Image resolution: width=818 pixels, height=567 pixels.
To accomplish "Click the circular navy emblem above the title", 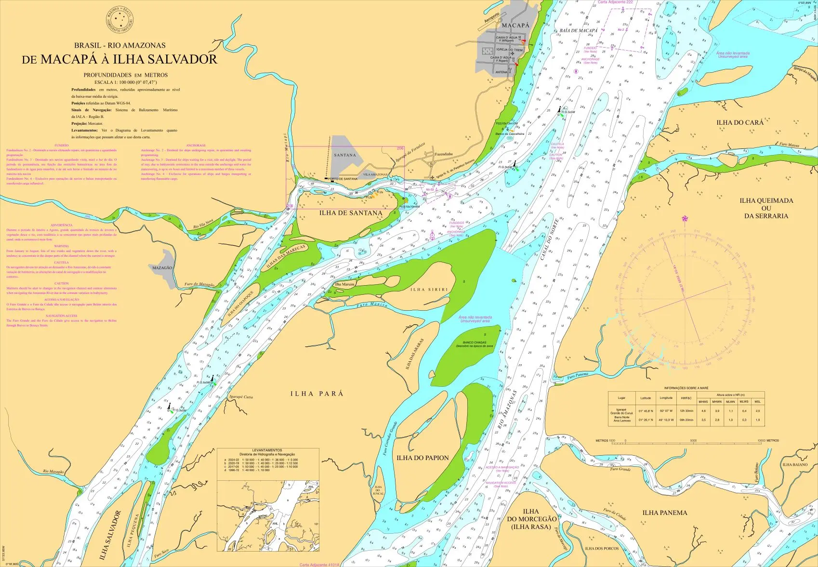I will point(119,20).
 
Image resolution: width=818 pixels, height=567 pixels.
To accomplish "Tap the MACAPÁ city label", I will point(515,25).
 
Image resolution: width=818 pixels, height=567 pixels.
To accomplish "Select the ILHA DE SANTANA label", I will point(351,213).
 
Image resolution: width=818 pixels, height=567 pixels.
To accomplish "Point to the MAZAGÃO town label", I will point(162,268).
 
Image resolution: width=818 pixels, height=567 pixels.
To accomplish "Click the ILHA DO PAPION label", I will point(422,458).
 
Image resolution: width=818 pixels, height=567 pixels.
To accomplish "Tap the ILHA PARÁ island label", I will point(317,394).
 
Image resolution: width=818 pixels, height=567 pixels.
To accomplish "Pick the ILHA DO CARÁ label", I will point(739,122).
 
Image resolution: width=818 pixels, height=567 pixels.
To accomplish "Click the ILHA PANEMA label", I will point(664,513).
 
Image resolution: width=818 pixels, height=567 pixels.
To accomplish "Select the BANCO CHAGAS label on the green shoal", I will point(475,343).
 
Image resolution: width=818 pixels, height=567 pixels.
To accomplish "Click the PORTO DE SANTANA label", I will point(343,179).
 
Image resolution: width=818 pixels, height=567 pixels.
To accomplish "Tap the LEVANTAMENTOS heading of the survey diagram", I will point(267,450).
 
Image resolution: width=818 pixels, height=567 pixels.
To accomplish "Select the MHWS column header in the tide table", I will point(703,401).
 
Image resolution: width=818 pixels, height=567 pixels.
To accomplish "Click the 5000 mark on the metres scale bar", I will point(693,440).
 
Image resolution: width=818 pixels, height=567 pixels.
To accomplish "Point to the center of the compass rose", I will point(685,299).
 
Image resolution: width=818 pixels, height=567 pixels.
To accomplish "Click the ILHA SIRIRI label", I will point(429,290).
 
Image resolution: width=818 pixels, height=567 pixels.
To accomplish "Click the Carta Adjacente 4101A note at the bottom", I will point(319,565).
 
